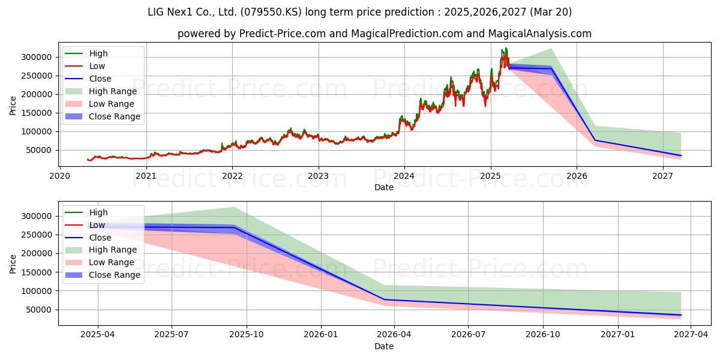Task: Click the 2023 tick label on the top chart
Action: pos(319,176)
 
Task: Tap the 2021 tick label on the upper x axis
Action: pos(146,176)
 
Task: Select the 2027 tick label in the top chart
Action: pos(663,176)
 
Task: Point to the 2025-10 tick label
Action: pos(247,335)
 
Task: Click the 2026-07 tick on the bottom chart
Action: pos(468,335)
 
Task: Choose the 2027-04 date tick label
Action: pos(691,335)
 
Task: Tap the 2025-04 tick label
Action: pos(98,335)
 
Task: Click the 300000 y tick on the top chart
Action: pos(37,57)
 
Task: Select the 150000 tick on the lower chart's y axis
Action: pos(37,272)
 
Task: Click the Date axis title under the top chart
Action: pos(384,187)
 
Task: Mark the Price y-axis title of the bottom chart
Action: pos(13,264)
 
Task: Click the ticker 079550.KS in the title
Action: pos(271,12)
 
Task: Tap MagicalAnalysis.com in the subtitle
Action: pos(539,34)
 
